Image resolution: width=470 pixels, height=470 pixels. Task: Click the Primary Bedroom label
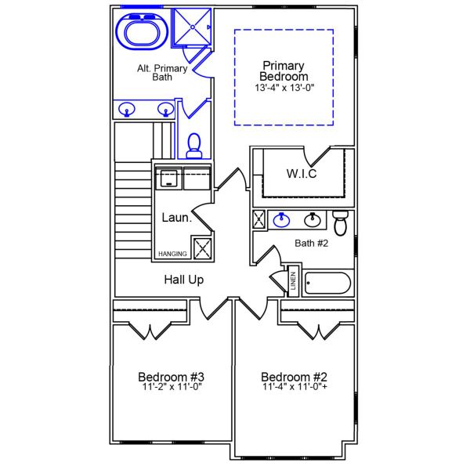(x=284, y=70)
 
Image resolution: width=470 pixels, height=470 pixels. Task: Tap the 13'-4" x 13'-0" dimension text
(x=284, y=88)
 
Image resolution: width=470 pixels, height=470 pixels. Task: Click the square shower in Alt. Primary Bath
(x=192, y=28)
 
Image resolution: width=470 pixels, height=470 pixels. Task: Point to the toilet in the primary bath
(x=194, y=144)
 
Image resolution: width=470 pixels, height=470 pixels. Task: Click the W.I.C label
(x=302, y=173)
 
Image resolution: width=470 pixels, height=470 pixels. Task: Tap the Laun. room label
(x=177, y=218)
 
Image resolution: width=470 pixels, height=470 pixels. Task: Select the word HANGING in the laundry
(x=172, y=255)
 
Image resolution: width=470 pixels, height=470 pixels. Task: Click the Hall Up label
(x=184, y=280)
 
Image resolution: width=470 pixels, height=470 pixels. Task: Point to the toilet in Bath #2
(x=340, y=223)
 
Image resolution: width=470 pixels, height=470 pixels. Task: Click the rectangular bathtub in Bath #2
(x=328, y=282)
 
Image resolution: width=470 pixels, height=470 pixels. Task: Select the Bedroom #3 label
(x=172, y=376)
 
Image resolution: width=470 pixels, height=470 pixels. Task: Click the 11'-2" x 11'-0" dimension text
(x=172, y=387)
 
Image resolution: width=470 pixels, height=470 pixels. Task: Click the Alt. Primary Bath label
(x=162, y=74)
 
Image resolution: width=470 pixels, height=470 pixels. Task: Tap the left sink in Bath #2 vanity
(x=281, y=220)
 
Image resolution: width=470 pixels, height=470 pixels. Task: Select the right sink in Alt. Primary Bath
(x=165, y=110)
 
